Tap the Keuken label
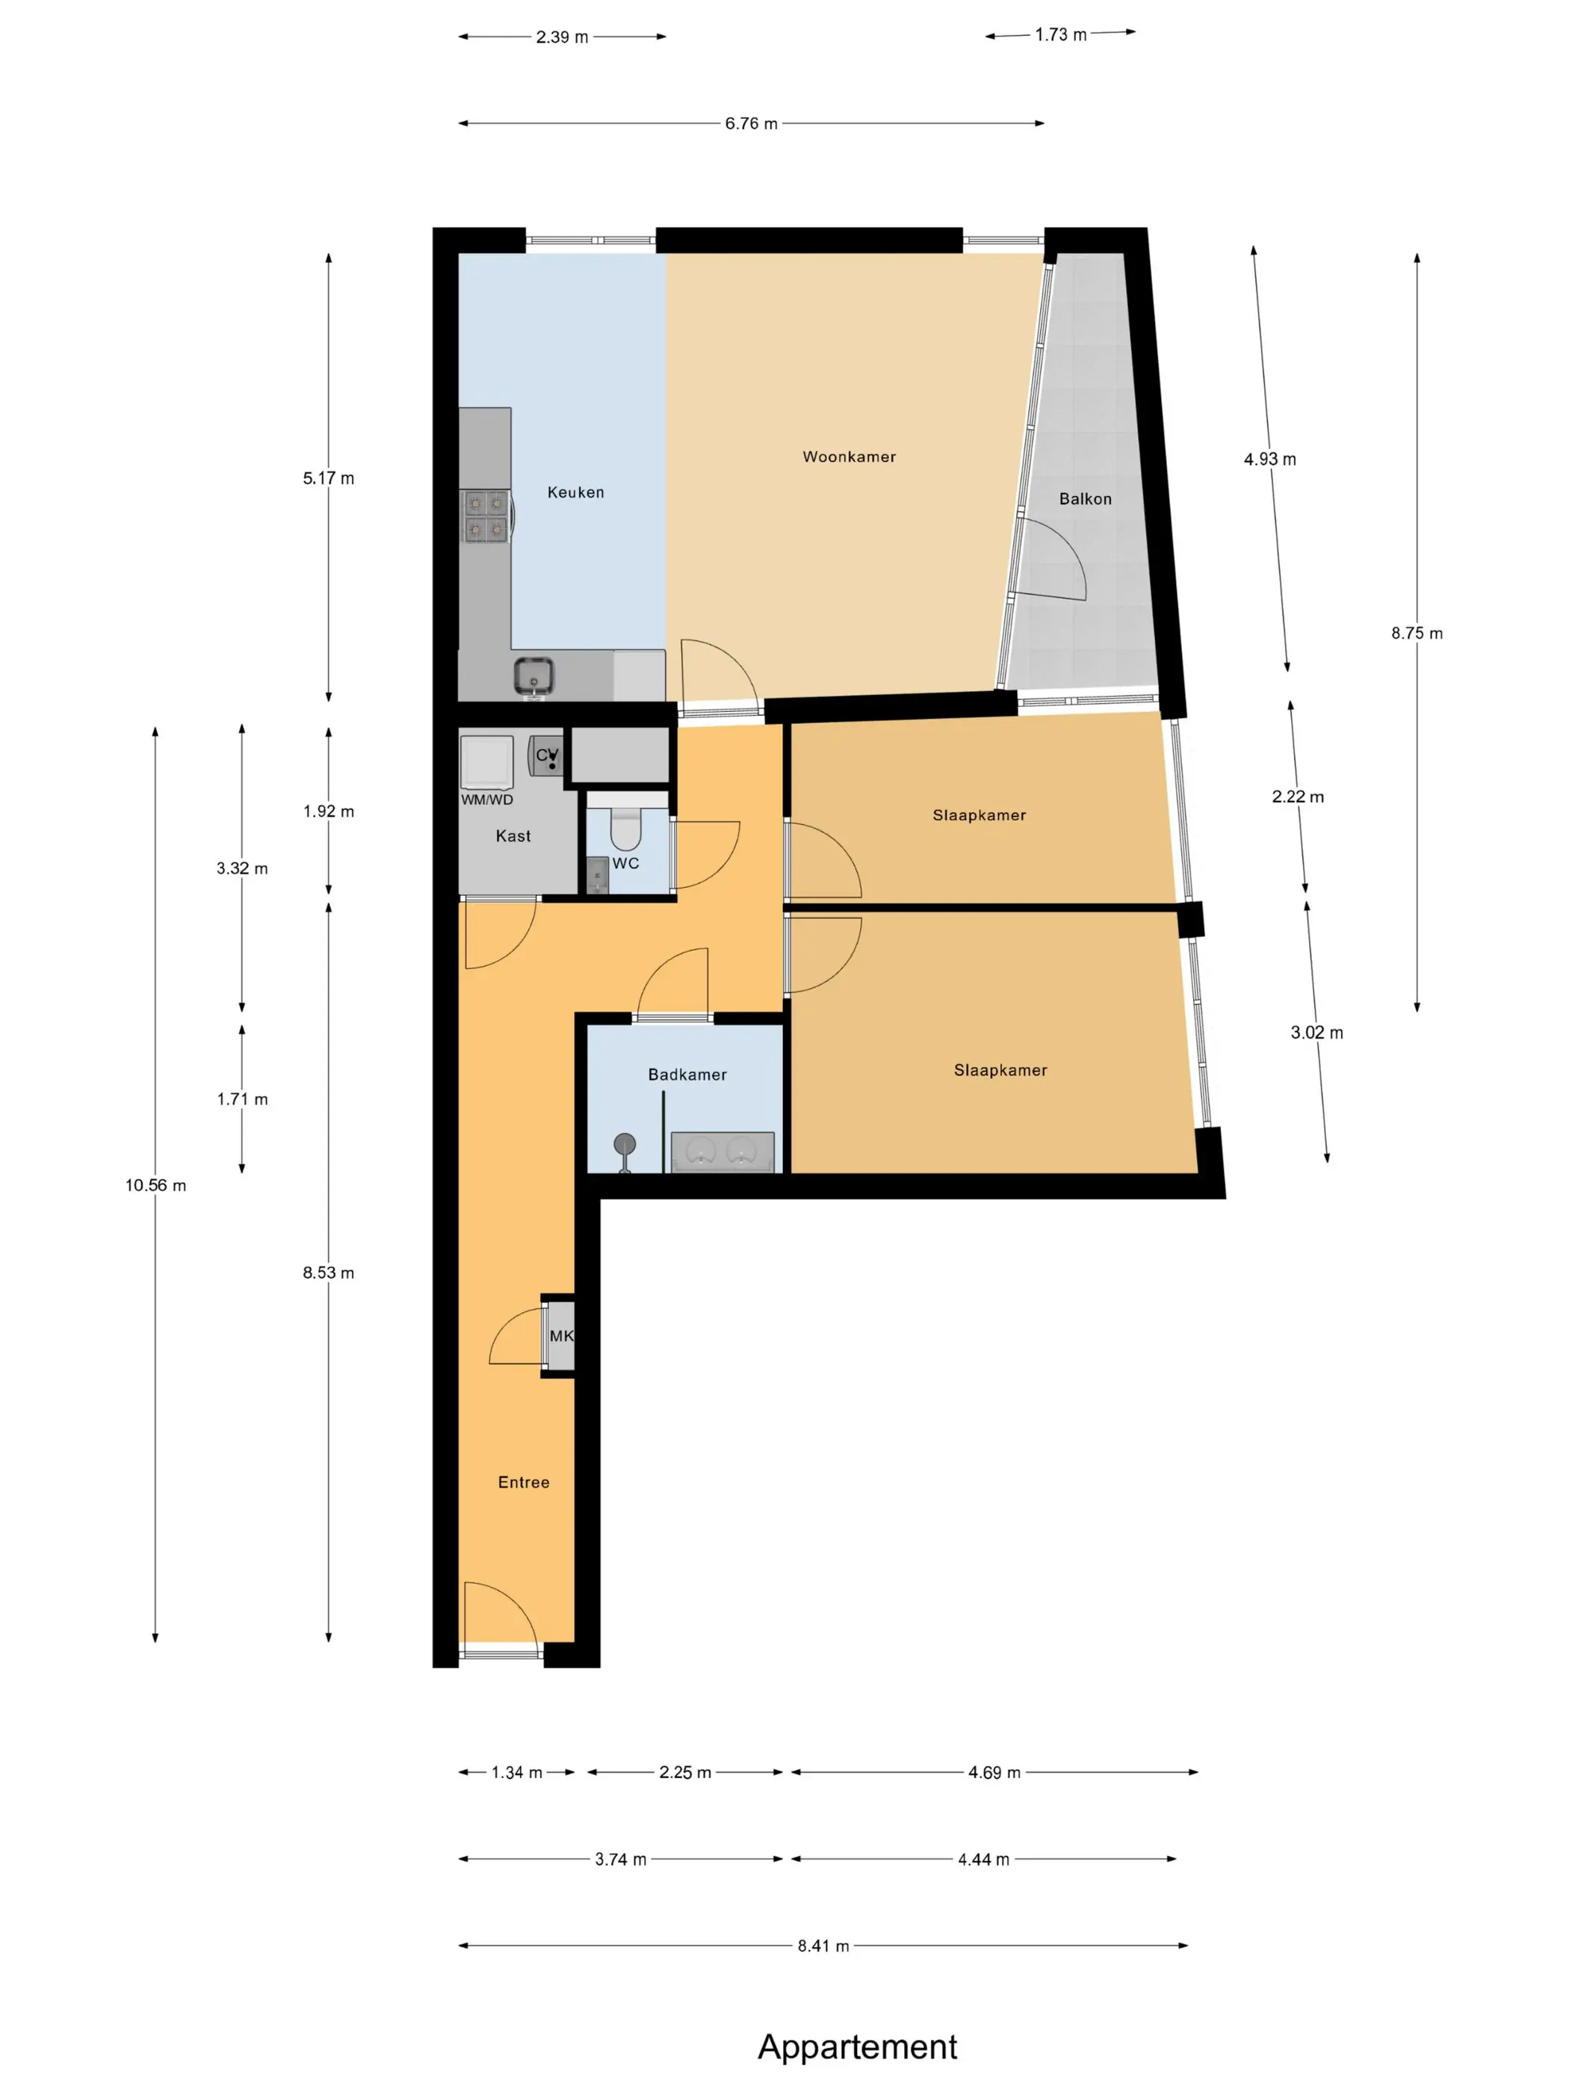coord(575,492)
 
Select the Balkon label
coord(1085,498)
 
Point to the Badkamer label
coord(687,1074)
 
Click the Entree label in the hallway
coord(523,1482)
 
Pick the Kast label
coord(513,836)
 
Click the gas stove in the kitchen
coord(486,516)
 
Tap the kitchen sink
coord(533,677)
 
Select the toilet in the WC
coord(625,829)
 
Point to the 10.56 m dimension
coord(155,1185)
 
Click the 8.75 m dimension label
coord(1416,634)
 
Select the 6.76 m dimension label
coord(751,124)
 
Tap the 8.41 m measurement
coord(823,1946)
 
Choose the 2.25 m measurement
coord(684,1772)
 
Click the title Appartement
coord(857,2046)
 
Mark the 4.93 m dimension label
coord(1269,459)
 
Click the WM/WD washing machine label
coord(487,799)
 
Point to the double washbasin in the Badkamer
coord(722,1152)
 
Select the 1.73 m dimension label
coord(1060,35)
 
